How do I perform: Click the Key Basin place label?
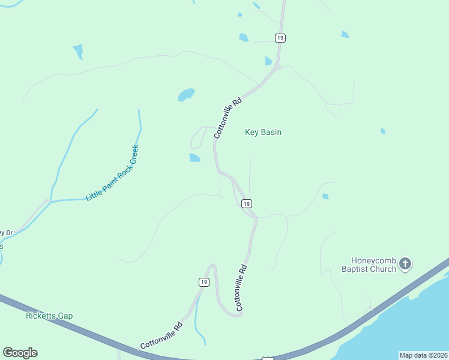(x=263, y=132)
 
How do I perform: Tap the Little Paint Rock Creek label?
(x=112, y=173)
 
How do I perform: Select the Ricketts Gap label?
(x=49, y=316)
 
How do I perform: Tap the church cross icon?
(x=406, y=263)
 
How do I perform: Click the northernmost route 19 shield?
(x=280, y=38)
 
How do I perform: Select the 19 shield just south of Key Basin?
(x=247, y=204)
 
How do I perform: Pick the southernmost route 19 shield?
(x=205, y=282)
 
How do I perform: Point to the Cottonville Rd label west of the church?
(x=241, y=287)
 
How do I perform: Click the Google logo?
(x=20, y=353)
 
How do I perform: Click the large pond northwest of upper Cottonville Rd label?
(x=186, y=95)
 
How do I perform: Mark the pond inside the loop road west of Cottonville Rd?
(x=194, y=158)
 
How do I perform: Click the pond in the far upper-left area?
(x=78, y=51)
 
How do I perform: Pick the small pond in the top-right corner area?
(x=345, y=34)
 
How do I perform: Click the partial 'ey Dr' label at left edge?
(x=6, y=233)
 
